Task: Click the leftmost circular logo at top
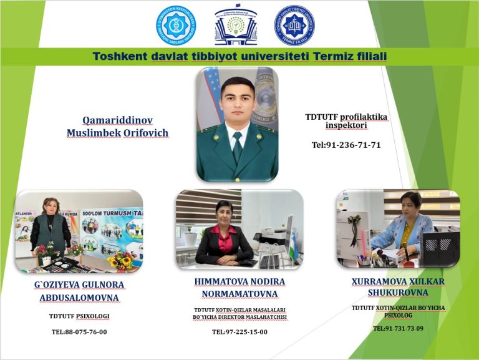(x=176, y=25)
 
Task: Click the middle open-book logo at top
(x=235, y=26)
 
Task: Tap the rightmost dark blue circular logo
(x=294, y=26)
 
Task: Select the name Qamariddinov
(x=117, y=120)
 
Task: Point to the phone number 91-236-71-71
(x=352, y=145)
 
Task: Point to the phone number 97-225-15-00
(x=246, y=332)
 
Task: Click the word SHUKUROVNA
(x=397, y=293)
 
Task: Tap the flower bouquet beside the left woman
(x=120, y=260)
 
